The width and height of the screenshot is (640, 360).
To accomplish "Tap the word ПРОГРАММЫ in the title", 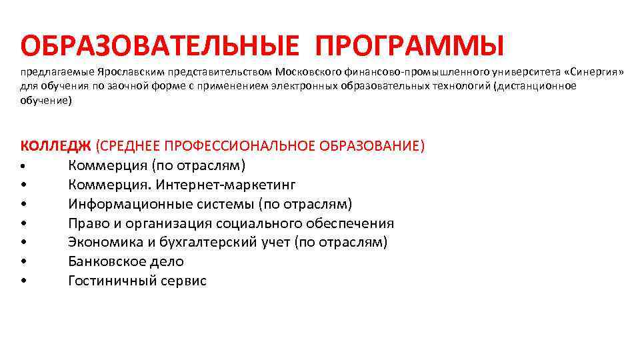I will [409, 46].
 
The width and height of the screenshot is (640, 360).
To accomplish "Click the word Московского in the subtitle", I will [309, 71].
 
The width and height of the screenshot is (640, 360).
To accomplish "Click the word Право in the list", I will [87, 223].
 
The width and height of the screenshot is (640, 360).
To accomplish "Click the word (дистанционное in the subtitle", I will [535, 86].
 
